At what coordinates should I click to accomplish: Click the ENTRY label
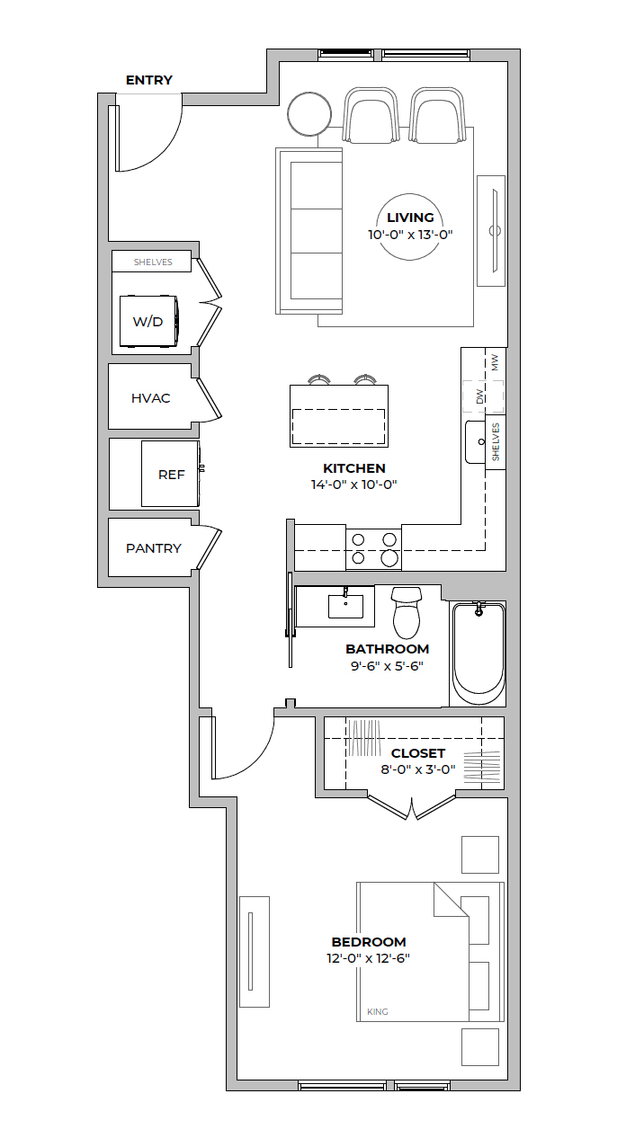pyautogui.click(x=149, y=80)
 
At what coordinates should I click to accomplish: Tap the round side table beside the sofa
pyautogui.click(x=309, y=114)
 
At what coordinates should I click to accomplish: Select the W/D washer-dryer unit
pyautogui.click(x=148, y=321)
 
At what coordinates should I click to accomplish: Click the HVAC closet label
pyautogui.click(x=150, y=398)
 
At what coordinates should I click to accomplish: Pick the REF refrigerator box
pyautogui.click(x=170, y=474)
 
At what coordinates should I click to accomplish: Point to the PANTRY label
pyautogui.click(x=154, y=548)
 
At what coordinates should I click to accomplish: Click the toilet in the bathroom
pyautogui.click(x=407, y=612)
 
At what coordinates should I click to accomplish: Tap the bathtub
pyautogui.click(x=478, y=653)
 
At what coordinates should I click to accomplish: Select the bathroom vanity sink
pyautogui.click(x=345, y=606)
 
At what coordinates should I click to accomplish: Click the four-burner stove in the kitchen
pyautogui.click(x=373, y=548)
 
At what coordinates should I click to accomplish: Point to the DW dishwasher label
pyautogui.click(x=479, y=396)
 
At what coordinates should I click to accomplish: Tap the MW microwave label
pyautogui.click(x=495, y=362)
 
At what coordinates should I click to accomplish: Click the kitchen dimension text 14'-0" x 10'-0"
pyautogui.click(x=353, y=485)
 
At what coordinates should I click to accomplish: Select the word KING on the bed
pyautogui.click(x=377, y=1011)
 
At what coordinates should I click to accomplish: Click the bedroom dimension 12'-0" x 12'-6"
pyautogui.click(x=368, y=957)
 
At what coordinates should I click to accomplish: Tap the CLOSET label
pyautogui.click(x=418, y=753)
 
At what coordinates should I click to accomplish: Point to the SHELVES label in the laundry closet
pyautogui.click(x=153, y=262)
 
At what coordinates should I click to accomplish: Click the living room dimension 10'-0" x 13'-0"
pyautogui.click(x=410, y=235)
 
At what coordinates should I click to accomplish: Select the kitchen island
pyautogui.click(x=338, y=416)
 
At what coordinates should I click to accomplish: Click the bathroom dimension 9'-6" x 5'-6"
pyautogui.click(x=387, y=665)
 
